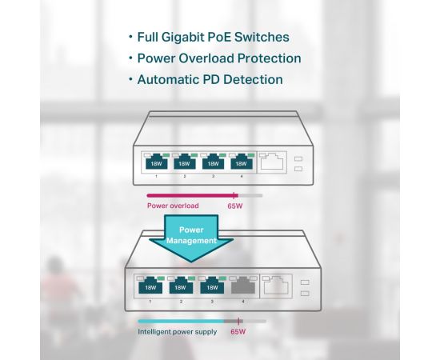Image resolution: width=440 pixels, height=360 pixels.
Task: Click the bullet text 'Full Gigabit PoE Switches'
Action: click(213, 37)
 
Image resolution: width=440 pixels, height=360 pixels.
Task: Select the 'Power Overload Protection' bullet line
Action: click(219, 58)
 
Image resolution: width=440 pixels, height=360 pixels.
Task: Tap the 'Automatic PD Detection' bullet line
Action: click(210, 79)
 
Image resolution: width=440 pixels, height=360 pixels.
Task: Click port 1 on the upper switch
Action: click(156, 162)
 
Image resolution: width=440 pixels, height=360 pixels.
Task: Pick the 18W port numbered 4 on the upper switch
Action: click(242, 162)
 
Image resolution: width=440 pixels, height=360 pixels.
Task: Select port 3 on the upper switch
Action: click(213, 162)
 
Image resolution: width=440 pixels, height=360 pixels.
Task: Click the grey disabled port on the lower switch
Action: click(243, 286)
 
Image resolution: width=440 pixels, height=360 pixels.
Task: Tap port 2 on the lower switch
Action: click(181, 286)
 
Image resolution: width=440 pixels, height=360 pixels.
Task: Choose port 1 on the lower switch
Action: click(150, 286)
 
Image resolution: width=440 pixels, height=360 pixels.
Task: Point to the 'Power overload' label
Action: click(173, 206)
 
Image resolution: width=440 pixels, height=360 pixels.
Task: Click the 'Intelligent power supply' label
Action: click(178, 332)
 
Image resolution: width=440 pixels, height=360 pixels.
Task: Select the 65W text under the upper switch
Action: click(235, 206)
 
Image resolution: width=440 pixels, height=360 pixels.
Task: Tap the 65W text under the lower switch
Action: click(238, 332)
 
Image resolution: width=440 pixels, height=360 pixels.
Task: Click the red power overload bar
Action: click(192, 195)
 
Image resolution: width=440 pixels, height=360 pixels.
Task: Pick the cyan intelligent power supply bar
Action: click(181, 322)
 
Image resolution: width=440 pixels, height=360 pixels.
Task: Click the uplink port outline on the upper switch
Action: click(272, 162)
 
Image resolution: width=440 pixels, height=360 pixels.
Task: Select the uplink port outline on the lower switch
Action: click(277, 286)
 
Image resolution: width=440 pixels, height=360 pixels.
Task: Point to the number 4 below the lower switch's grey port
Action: click(243, 302)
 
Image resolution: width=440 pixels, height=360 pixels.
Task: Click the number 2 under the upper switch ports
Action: click(185, 176)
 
